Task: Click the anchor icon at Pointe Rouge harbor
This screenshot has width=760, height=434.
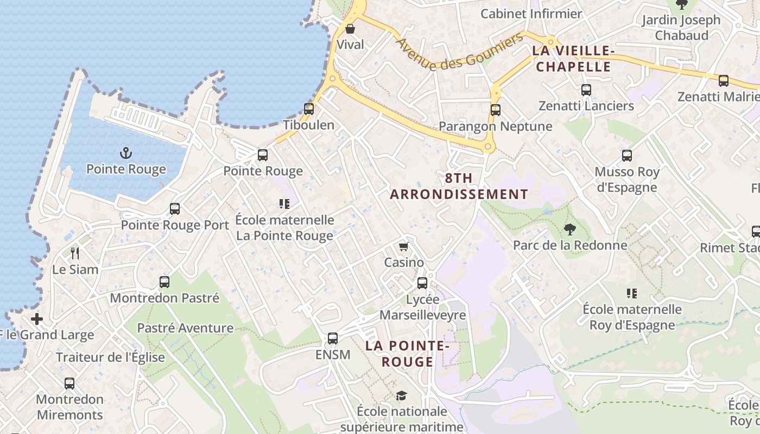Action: (x=126, y=153)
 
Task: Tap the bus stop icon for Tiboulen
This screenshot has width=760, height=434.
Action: (x=309, y=109)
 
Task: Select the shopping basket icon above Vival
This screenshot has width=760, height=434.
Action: (x=350, y=29)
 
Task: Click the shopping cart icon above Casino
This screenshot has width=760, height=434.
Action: (x=403, y=247)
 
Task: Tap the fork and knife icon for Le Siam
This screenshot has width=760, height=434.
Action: (x=75, y=253)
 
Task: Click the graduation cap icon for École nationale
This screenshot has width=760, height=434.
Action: (x=401, y=395)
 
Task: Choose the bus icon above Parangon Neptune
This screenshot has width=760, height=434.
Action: (x=495, y=110)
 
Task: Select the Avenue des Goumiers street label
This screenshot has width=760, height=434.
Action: (x=459, y=52)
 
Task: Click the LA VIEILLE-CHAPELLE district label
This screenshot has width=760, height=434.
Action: (x=573, y=59)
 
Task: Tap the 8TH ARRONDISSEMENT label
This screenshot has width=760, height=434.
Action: (x=459, y=186)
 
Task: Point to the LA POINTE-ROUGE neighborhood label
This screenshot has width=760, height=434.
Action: (x=407, y=354)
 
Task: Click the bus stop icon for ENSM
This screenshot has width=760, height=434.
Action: (x=333, y=339)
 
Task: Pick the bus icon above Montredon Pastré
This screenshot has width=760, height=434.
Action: (x=164, y=282)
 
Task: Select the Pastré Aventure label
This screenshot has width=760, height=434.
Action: (x=185, y=328)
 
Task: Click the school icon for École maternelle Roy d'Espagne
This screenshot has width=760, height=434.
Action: (x=632, y=293)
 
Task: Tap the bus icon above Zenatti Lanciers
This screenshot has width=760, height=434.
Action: (x=586, y=90)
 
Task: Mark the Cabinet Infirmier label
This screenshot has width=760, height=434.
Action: (x=531, y=14)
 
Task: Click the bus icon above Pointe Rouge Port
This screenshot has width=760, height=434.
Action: (x=175, y=209)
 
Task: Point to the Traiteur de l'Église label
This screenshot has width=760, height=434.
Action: (x=110, y=358)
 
